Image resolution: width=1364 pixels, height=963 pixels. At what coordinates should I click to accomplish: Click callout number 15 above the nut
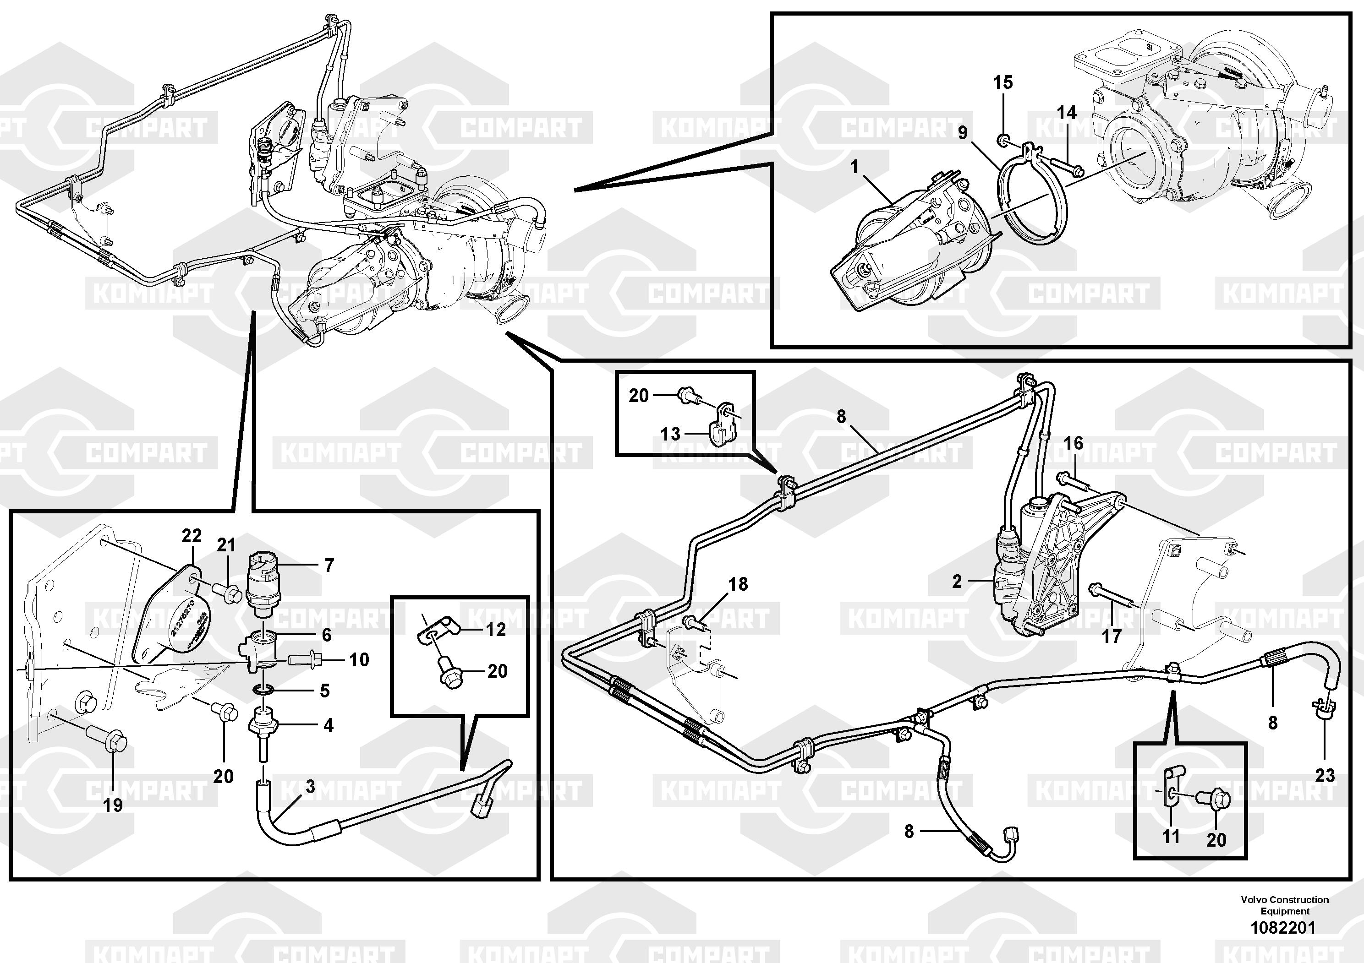click(1003, 82)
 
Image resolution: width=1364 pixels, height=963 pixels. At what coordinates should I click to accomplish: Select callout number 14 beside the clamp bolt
click(1066, 113)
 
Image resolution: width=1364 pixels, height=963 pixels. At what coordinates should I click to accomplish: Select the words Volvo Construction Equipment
click(1284, 905)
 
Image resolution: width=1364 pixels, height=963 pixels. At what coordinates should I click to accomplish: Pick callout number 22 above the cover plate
click(192, 536)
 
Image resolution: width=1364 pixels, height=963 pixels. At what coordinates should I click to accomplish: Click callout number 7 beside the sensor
click(329, 565)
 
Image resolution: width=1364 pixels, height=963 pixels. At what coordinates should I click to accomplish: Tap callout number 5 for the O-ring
click(324, 691)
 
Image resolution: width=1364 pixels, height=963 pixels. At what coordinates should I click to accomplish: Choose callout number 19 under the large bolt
click(113, 805)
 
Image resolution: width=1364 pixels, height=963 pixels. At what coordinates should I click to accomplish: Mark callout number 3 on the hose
click(310, 787)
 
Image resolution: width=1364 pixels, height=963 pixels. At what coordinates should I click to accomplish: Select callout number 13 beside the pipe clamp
click(670, 433)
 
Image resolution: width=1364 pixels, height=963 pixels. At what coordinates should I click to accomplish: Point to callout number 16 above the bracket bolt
click(1074, 443)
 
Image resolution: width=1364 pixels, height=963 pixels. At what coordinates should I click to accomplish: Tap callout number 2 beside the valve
click(957, 581)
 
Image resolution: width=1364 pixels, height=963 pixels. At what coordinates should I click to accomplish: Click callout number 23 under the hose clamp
click(1325, 775)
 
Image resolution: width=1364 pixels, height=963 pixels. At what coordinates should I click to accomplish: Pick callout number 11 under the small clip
click(1170, 837)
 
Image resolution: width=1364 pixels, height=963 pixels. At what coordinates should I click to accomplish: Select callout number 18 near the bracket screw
click(738, 584)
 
